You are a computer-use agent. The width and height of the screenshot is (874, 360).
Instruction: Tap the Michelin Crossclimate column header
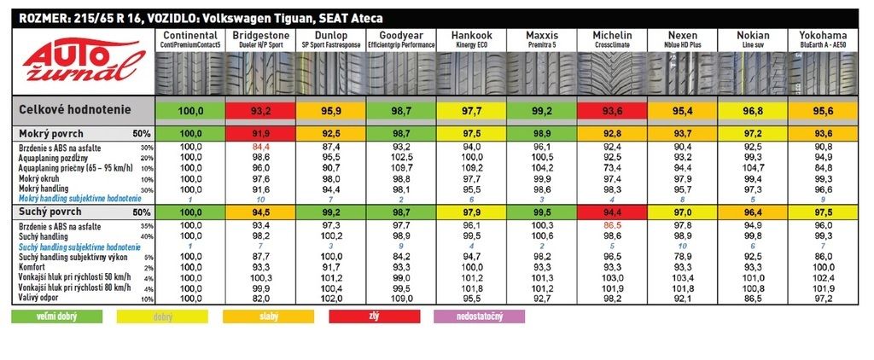coord(612,38)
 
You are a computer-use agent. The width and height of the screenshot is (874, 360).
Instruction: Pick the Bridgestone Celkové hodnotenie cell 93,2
coord(261,110)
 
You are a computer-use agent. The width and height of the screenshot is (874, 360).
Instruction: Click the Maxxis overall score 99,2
coord(542,110)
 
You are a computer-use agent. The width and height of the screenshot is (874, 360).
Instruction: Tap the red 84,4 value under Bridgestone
coord(261,147)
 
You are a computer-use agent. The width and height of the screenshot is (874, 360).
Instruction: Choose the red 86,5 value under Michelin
coord(612,224)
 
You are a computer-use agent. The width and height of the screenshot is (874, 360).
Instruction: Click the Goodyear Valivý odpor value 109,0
coord(401,298)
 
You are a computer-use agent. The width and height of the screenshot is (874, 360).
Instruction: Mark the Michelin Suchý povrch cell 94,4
coord(612,211)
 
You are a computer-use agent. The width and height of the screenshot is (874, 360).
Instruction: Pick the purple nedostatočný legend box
coord(479,316)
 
